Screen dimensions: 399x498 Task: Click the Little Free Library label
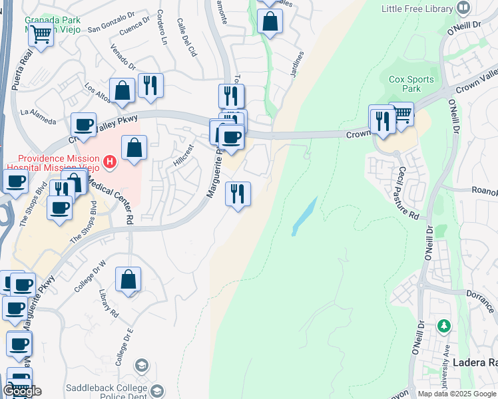click(x=418, y=9)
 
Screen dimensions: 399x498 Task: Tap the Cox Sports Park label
click(x=411, y=84)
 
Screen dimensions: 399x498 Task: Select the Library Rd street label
click(x=108, y=303)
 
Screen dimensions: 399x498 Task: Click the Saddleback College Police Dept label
click(x=107, y=392)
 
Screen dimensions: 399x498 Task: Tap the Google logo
click(x=21, y=391)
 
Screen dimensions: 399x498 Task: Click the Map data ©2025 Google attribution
click(x=456, y=394)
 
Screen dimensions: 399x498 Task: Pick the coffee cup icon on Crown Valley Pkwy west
click(x=85, y=124)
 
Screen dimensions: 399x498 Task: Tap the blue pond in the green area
click(x=304, y=216)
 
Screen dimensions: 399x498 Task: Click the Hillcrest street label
click(x=183, y=154)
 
